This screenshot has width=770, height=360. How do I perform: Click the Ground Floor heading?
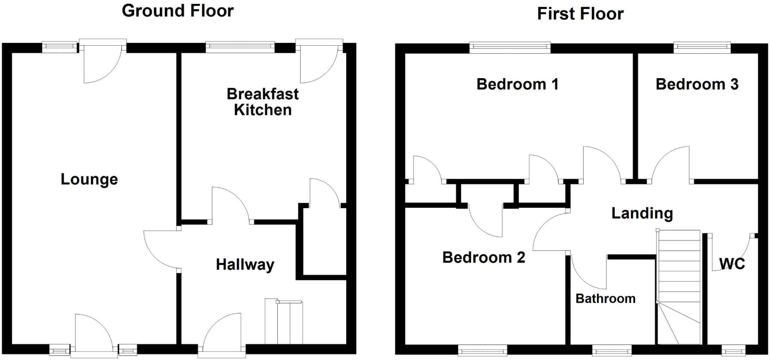177,11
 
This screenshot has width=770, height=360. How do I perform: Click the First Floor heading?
580,14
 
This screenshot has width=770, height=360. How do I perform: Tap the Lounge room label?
89,179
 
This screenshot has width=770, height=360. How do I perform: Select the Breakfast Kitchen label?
262,102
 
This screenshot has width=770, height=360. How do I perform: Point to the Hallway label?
245,265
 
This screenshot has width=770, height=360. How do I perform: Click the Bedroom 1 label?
517,84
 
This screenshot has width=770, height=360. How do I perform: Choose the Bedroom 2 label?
484,257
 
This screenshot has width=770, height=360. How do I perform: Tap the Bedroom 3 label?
697,84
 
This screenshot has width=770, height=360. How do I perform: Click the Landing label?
642,213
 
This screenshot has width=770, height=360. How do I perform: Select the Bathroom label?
605,299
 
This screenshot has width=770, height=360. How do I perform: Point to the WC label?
732,264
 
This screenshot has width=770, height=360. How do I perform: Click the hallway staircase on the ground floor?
284,322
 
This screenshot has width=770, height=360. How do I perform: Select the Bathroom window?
612,351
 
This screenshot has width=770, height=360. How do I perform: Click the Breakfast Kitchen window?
240,47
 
